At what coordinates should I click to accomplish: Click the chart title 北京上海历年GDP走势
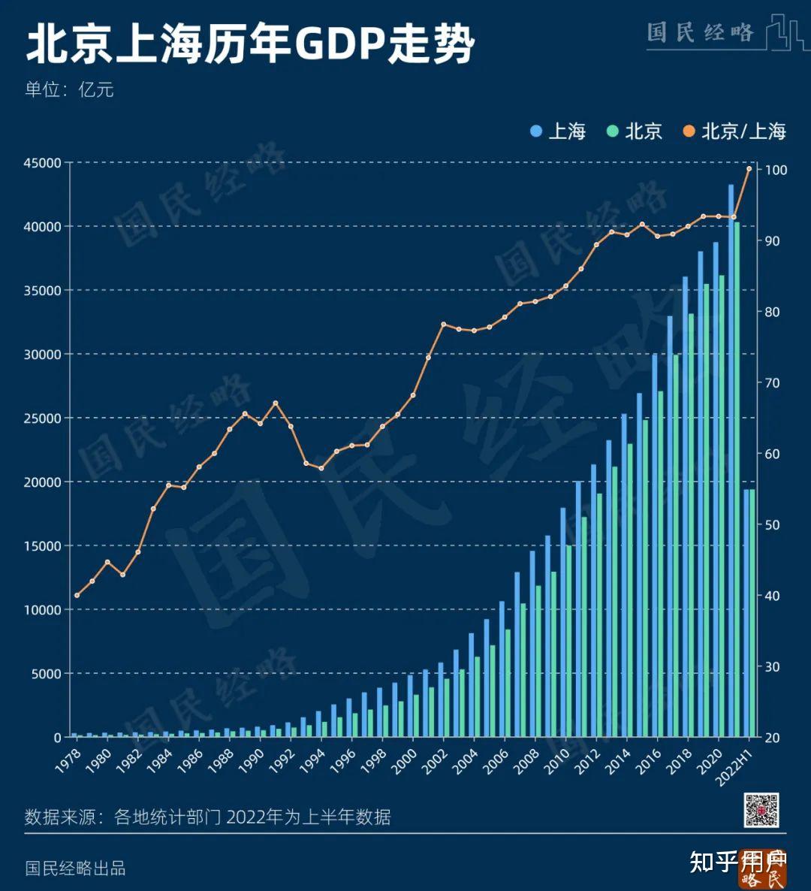point(251,44)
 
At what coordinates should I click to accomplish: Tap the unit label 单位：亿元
point(69,89)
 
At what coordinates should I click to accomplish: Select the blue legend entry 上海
point(558,131)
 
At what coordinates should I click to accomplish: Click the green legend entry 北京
point(635,131)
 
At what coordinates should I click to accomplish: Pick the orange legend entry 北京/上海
point(734,131)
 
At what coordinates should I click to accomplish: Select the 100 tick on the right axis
point(776,171)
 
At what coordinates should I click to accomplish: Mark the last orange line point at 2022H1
point(749,168)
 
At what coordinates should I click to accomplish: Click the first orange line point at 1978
point(77,595)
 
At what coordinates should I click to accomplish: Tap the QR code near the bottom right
point(761,810)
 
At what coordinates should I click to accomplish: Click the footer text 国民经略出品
point(75,868)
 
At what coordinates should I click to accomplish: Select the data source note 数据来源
point(207,817)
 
